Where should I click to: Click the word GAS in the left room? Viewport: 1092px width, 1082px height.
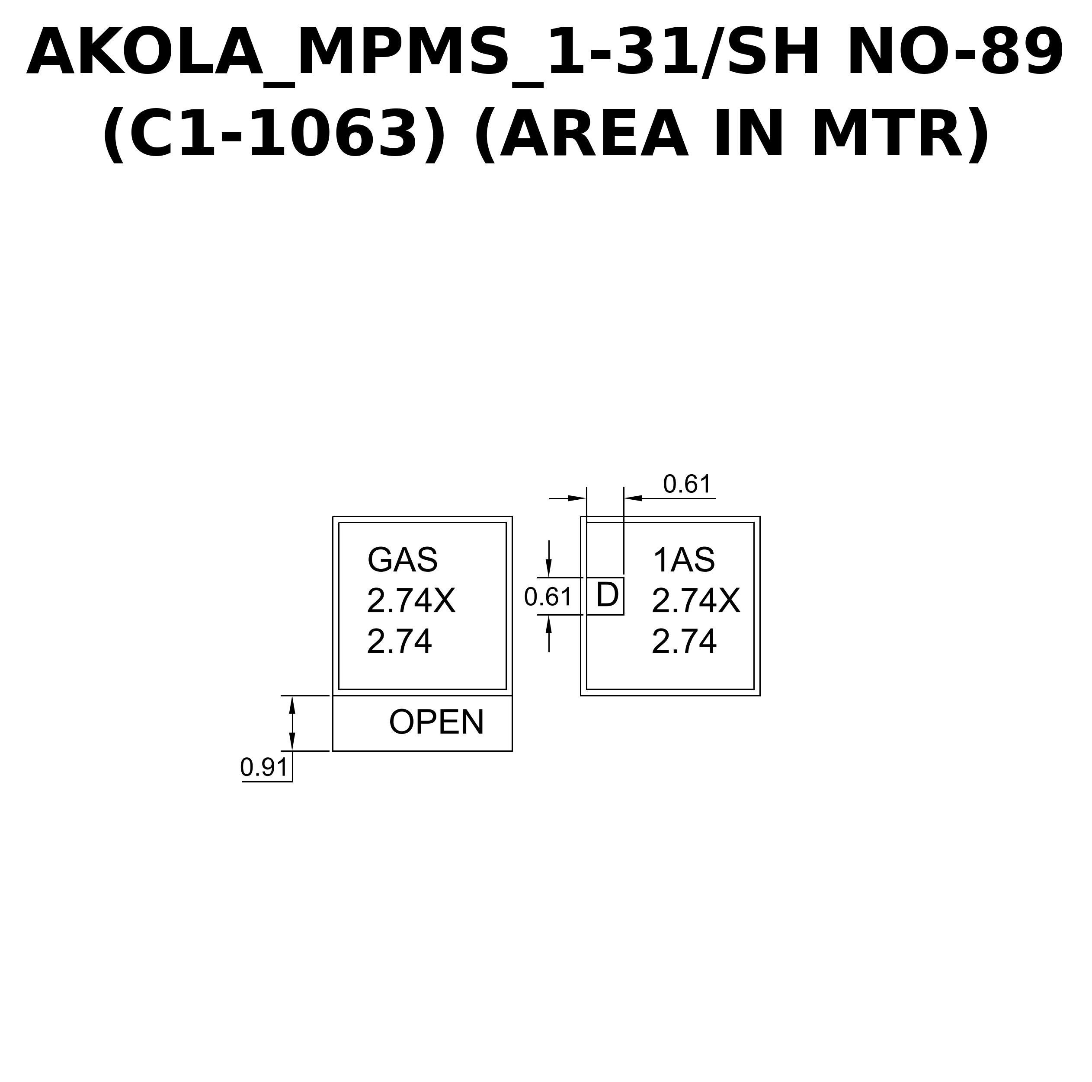point(403,560)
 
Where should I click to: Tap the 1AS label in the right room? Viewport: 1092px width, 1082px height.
point(684,560)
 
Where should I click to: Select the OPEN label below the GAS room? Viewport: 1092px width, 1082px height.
point(436,721)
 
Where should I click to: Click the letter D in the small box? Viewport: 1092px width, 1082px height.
point(608,596)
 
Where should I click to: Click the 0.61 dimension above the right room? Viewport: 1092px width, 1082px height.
point(687,484)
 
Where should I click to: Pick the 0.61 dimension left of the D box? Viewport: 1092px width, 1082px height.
point(548,597)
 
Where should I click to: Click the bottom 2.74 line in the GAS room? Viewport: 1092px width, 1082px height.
point(400,642)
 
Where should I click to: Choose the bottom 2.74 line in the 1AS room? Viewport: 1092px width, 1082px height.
point(685,642)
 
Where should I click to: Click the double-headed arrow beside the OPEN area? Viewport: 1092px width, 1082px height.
point(292,723)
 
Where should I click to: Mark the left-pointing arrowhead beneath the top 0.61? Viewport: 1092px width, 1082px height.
point(633,498)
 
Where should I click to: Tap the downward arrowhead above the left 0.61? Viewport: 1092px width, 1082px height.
point(549,568)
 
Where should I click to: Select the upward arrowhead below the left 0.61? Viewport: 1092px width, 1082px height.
point(549,624)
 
